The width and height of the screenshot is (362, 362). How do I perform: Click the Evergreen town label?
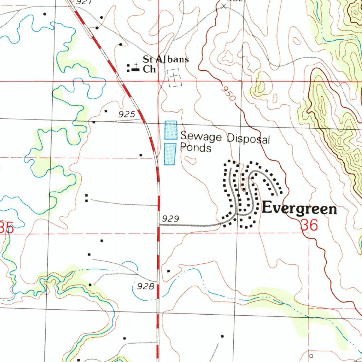pos(299,209)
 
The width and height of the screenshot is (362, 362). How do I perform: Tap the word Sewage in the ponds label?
pos(200,136)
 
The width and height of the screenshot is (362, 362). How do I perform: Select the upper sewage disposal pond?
pos(171,130)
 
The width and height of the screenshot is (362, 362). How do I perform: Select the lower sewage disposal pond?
pos(170,154)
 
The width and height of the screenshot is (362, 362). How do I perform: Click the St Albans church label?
pos(165,64)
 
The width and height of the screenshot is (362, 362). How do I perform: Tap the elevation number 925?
pos(127,114)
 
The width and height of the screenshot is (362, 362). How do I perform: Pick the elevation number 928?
pos(146,286)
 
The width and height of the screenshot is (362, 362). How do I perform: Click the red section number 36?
pos(310,225)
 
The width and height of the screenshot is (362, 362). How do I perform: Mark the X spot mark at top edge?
pos(223,6)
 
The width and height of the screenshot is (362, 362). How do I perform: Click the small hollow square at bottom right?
pos(311,356)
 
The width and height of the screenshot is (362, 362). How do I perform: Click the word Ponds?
pos(195,148)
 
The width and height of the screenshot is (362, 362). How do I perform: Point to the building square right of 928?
pos(169,271)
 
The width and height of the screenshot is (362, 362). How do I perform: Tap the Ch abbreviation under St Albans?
pos(149,69)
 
